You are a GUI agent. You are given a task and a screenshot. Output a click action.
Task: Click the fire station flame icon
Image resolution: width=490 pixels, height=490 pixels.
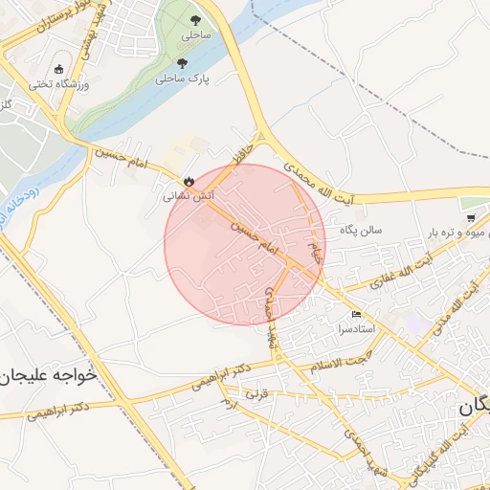click(189, 180)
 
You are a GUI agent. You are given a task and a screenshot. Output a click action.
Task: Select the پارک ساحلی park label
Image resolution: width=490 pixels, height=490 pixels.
click(182, 78)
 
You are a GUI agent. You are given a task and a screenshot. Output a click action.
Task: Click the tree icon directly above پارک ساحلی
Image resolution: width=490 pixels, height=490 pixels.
click(183, 63)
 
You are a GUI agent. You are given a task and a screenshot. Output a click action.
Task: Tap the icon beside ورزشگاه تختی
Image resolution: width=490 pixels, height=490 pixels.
click(59, 69)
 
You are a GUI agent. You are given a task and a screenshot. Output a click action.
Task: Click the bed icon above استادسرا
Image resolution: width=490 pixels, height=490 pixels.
click(357, 314)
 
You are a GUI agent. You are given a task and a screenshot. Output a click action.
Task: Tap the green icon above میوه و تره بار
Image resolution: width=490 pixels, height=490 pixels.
click(467, 204)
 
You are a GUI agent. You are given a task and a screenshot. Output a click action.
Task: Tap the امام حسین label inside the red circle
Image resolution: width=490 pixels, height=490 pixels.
click(258, 239)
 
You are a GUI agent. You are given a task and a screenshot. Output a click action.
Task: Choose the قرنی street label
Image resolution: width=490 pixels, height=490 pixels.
click(256, 393)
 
